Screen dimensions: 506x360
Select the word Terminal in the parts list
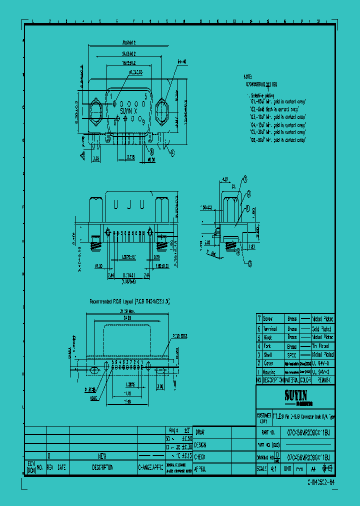click(270, 329)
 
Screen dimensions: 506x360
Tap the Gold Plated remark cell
click(321, 329)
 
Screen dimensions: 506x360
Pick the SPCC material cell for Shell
click(292, 354)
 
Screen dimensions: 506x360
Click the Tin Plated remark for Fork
click(321, 346)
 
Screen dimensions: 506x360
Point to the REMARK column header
click(322, 380)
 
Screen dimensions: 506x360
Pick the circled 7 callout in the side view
click(245, 178)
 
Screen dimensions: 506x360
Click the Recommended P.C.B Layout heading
click(129, 301)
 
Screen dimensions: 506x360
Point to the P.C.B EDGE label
click(180, 337)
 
